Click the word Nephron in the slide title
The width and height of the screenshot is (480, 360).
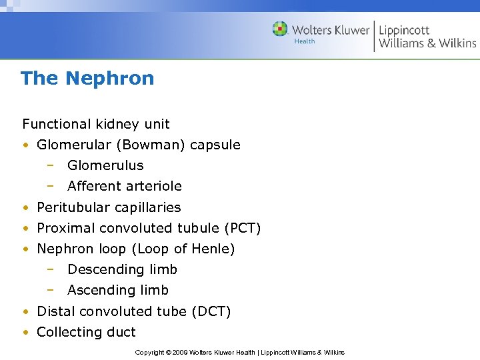tap(110, 79)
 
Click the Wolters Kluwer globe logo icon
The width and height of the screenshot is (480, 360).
tap(280, 29)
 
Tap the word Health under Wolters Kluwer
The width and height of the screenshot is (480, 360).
tap(304, 41)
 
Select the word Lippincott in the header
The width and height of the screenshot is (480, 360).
tap(404, 30)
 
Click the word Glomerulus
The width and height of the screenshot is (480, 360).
tap(105, 165)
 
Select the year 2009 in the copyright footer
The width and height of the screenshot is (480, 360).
tap(181, 352)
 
